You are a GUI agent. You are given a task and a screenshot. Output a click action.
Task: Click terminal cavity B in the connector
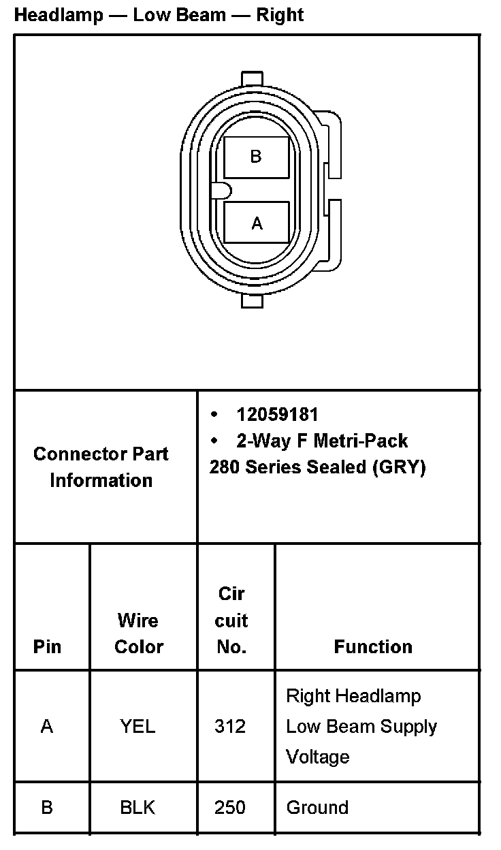click(256, 157)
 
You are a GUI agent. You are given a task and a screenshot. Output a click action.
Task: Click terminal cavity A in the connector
click(256, 223)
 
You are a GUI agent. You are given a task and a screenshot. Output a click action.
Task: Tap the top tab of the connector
click(252, 78)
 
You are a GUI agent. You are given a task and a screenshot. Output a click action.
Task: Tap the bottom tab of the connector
click(252, 300)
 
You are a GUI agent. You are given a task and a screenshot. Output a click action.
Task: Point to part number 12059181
click(277, 414)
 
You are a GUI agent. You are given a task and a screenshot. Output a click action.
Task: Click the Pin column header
click(46, 646)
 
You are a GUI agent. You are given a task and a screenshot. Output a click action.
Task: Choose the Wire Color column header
click(139, 633)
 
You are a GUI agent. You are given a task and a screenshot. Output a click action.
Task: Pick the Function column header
click(373, 646)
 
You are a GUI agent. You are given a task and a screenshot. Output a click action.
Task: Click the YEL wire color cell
click(138, 726)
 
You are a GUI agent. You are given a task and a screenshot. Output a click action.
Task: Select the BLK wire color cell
click(138, 808)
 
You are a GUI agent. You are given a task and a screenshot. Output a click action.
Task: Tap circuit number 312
click(230, 726)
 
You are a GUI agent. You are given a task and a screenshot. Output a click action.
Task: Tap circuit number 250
click(230, 808)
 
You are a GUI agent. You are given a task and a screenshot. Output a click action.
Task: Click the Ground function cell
click(317, 808)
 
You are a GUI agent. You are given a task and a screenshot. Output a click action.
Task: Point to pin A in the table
click(46, 726)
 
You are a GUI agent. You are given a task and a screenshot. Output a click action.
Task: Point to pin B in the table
click(46, 808)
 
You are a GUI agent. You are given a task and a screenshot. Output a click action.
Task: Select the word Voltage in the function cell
click(317, 757)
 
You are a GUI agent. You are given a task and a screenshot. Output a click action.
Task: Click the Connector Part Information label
click(101, 467)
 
